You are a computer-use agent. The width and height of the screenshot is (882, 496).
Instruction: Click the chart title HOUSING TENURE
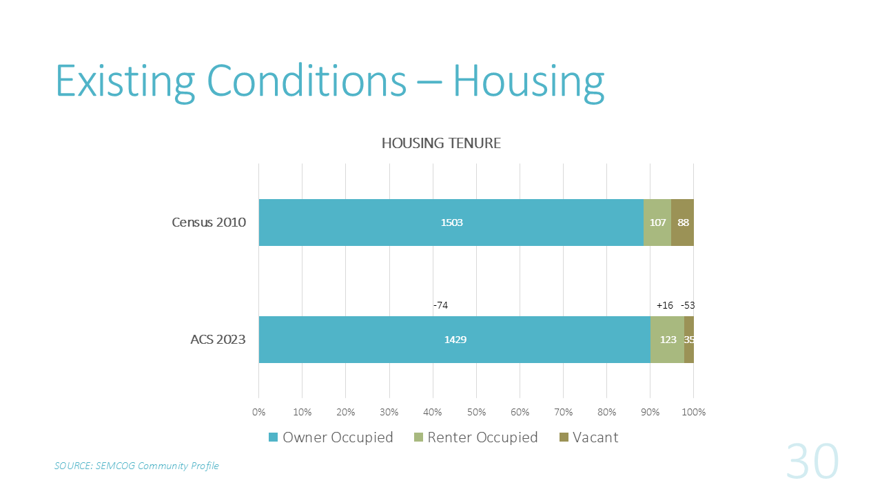441,143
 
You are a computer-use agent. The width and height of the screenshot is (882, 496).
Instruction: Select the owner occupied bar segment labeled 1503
451,223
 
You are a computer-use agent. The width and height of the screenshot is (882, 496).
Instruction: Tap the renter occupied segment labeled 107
657,223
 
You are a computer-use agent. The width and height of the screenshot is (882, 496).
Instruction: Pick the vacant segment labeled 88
682,223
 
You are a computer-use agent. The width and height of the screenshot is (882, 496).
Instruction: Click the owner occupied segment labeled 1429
455,340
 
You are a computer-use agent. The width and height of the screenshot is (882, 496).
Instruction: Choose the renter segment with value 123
668,340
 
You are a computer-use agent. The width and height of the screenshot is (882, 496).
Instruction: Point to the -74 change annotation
440,305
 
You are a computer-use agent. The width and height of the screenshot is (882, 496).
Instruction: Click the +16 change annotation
665,305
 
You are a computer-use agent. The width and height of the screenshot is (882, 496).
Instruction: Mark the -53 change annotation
688,305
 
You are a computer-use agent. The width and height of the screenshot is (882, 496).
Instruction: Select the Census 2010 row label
209,223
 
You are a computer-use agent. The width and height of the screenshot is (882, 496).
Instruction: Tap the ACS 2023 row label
218,340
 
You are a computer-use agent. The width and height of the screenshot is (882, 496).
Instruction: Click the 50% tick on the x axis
476,412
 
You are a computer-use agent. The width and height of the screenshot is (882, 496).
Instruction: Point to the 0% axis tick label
258,412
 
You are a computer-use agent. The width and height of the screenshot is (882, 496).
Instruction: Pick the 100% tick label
694,412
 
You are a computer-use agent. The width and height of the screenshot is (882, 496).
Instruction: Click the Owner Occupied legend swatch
274,437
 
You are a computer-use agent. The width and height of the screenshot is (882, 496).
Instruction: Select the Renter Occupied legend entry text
482,437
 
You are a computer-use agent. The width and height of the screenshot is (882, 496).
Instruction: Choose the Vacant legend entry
589,437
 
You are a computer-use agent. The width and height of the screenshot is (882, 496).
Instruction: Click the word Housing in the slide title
529,81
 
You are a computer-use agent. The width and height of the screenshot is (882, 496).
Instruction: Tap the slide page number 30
812,461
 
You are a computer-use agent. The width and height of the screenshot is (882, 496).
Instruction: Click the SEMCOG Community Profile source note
136,466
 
